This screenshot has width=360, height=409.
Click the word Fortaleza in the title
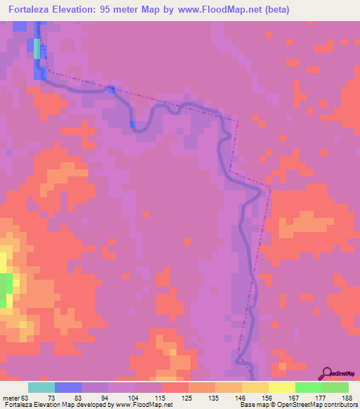coord(28,10)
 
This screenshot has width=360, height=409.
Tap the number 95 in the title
coord(109,10)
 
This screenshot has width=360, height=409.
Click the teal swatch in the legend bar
coord(41,387)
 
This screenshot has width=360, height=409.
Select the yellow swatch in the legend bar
coord(281,387)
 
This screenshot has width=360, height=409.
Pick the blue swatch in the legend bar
coord(68,387)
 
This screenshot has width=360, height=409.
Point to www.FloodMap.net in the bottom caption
coord(143,405)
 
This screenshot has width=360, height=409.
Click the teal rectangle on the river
coord(37,48)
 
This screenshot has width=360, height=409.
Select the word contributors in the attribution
coord(338,405)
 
